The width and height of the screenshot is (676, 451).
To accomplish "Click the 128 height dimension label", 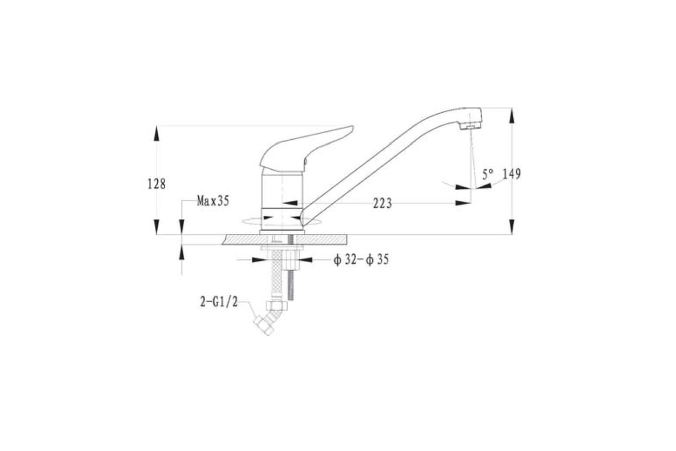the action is click(157, 184).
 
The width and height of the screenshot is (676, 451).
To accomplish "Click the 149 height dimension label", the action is click(512, 174).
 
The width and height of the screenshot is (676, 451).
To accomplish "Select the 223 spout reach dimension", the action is click(383, 204).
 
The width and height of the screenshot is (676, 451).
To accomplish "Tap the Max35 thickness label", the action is click(213, 201).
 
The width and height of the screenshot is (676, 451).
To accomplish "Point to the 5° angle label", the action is click(488, 175).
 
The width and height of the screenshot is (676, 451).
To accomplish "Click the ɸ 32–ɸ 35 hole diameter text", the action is click(361, 260).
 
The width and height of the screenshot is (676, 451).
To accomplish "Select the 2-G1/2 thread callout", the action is click(219, 302).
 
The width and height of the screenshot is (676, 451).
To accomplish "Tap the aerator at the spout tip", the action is click(470, 126).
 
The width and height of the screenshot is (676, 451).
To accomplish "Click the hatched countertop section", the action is click(284, 239).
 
